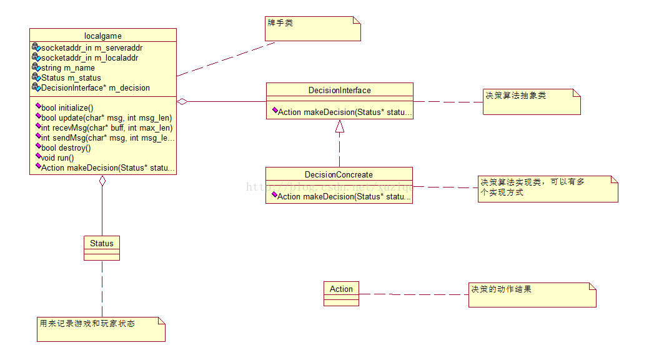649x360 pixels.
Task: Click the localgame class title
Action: (102, 35)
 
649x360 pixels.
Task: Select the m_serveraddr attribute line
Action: (91, 47)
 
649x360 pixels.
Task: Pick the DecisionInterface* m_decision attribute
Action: (95, 87)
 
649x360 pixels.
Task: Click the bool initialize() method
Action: (67, 107)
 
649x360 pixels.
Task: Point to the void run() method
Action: (57, 157)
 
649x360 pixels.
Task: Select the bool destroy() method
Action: (66, 147)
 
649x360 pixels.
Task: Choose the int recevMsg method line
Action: (106, 127)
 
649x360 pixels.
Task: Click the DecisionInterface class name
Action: (339, 90)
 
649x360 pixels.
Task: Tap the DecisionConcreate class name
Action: (339, 174)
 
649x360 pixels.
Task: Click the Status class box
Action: (102, 247)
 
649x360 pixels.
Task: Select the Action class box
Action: (341, 292)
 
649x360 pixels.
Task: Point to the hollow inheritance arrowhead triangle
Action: (339, 127)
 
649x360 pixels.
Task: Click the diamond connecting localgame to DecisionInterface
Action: (182, 101)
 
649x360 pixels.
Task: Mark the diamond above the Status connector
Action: (102, 181)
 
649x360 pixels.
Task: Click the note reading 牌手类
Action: (313, 28)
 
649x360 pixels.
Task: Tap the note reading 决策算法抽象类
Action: (532, 102)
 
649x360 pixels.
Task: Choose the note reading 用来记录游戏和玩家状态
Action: (101, 329)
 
